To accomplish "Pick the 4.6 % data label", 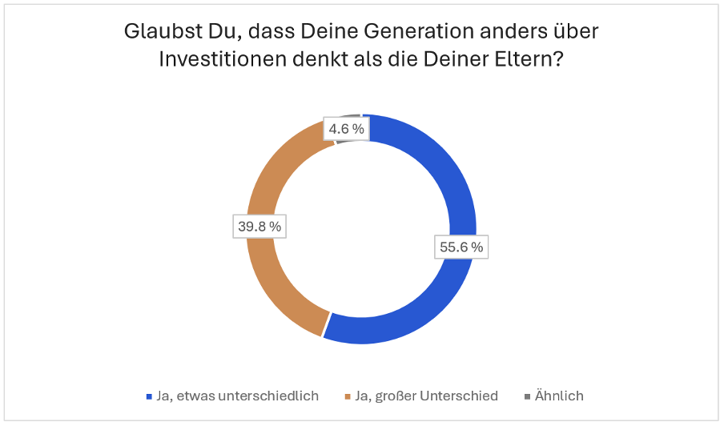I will (x=346, y=128).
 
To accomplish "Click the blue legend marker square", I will (x=149, y=396).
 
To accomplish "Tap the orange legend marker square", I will (x=347, y=396).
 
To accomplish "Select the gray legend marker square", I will (x=527, y=396).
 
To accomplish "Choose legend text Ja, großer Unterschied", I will (x=426, y=396).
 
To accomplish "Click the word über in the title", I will (x=577, y=33).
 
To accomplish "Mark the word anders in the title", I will (x=516, y=33).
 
